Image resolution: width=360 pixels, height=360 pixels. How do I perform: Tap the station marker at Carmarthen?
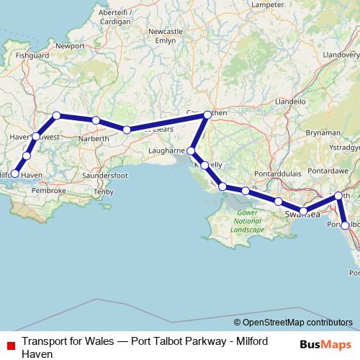click(x=207, y=114)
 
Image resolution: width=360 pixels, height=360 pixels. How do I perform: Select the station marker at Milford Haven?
click(x=15, y=174)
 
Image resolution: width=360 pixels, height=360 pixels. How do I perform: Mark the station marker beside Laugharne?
click(x=192, y=151)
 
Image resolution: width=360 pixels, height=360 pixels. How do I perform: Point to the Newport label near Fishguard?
click(x=70, y=45)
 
